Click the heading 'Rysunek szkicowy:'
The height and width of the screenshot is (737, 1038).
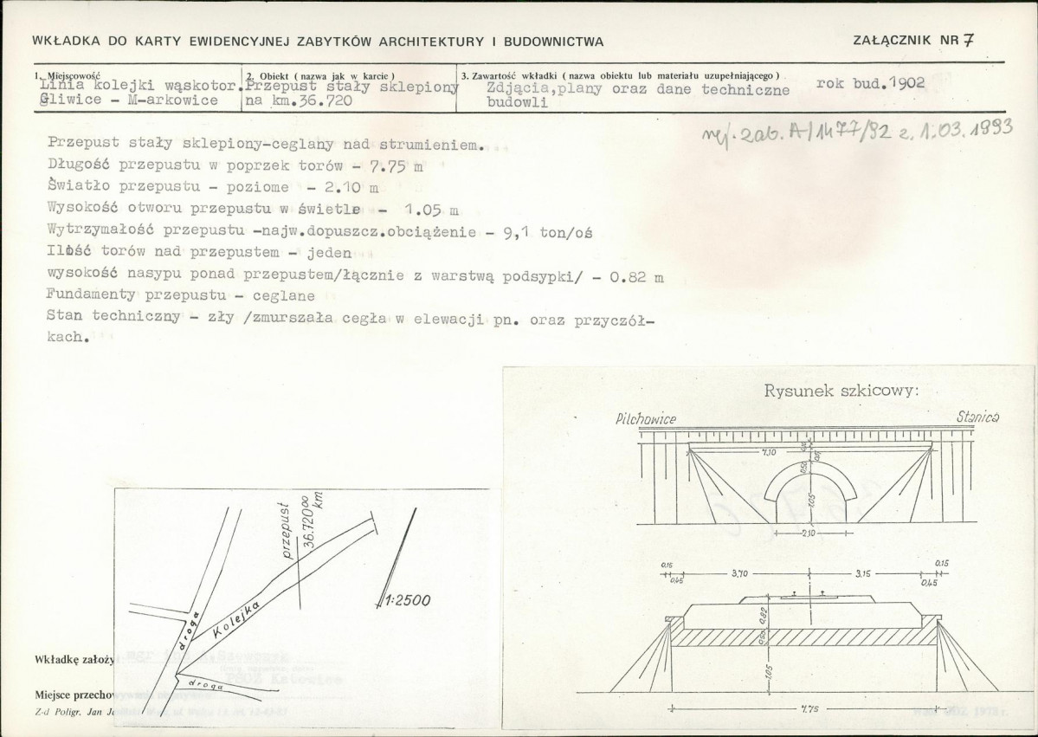841,390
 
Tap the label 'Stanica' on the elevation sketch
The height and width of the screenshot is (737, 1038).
979,417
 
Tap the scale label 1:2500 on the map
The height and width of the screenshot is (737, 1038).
407,599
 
